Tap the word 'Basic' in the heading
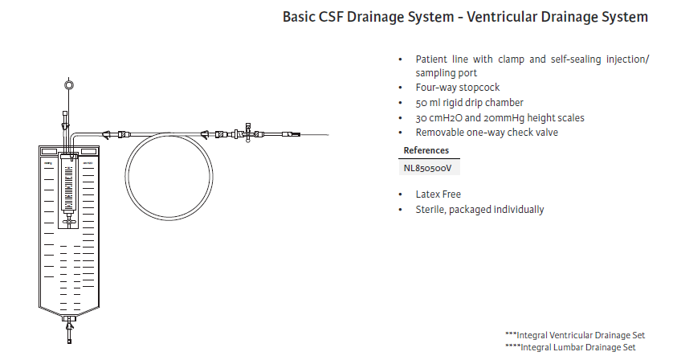pos(301,17)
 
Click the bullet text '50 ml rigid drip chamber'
pos(469,103)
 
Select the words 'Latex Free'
pos(438,194)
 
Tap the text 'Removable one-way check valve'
pos(486,133)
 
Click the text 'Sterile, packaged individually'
pos(479,210)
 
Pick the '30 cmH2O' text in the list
pos(438,118)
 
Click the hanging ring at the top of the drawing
pos(68,84)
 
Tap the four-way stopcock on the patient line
pos(250,133)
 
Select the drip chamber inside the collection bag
pos(71,192)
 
